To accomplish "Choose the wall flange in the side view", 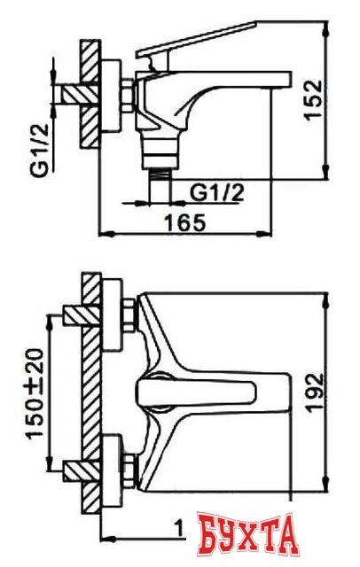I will click(x=114, y=95).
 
